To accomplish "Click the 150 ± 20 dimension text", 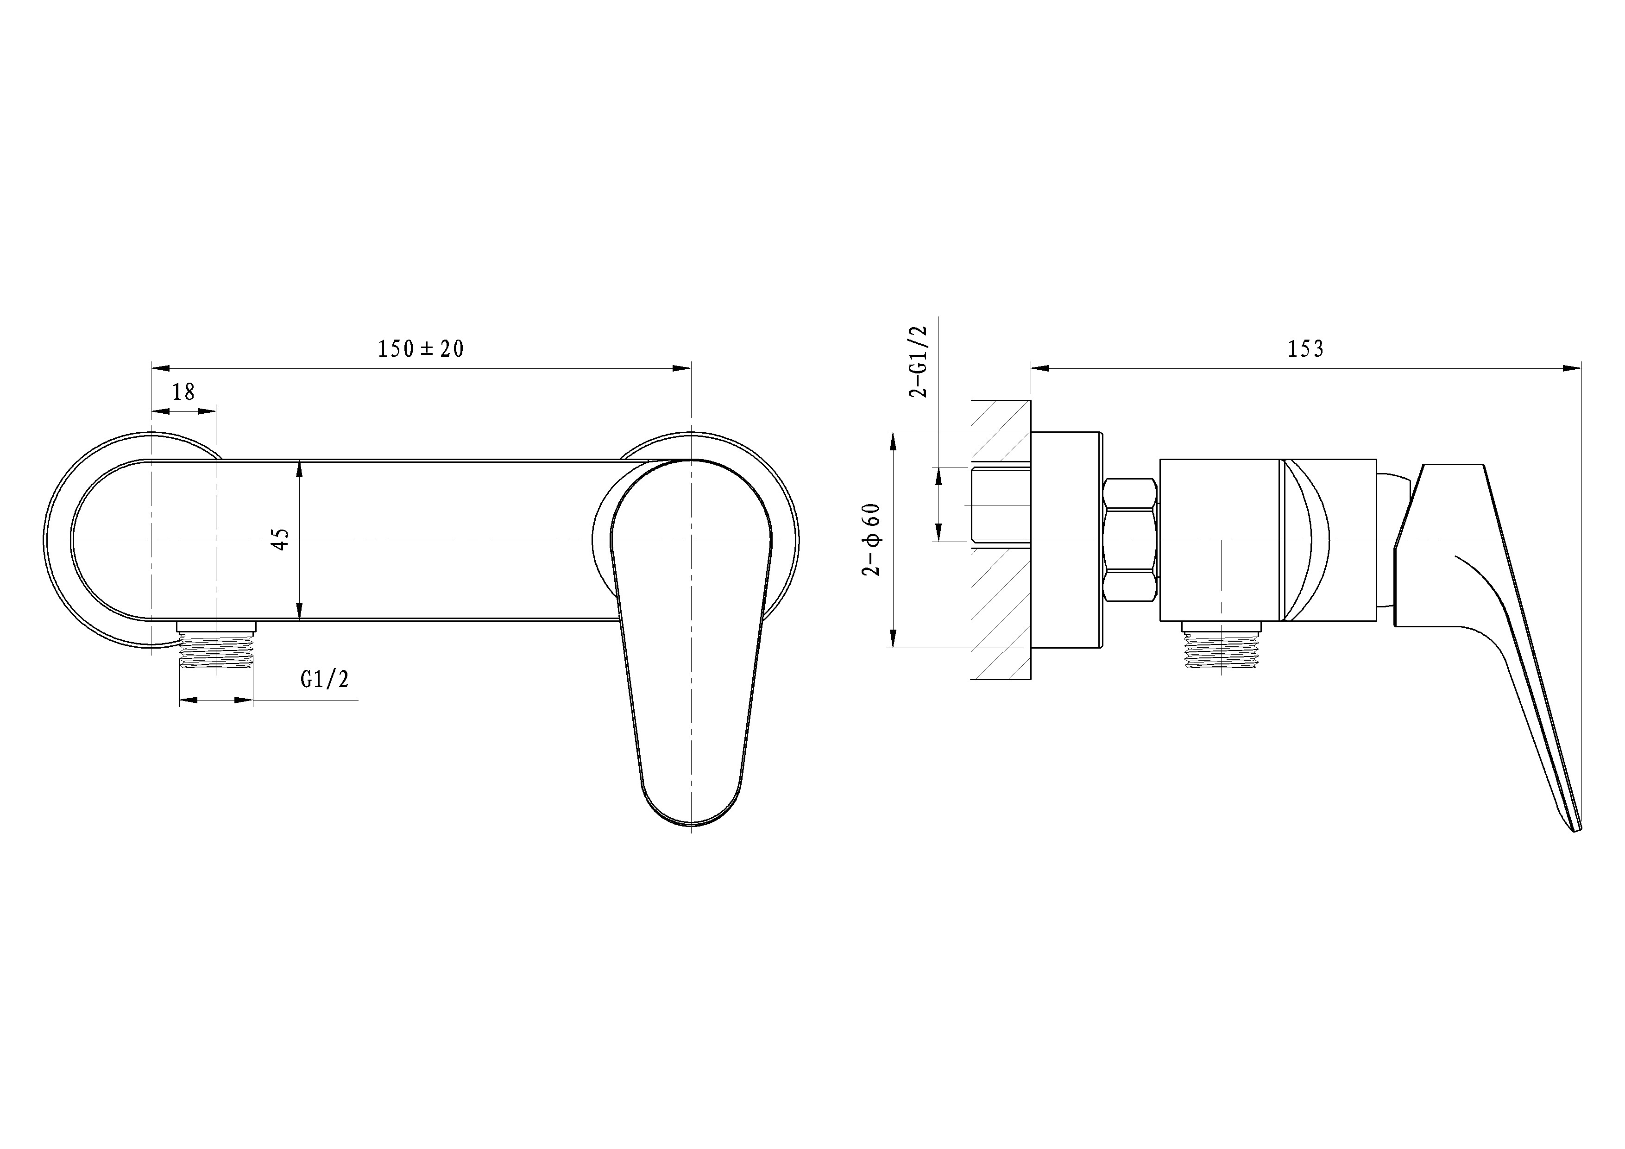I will (421, 349).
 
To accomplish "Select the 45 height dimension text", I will (281, 539).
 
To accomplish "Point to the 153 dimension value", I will (1305, 349).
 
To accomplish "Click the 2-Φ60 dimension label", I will (872, 539).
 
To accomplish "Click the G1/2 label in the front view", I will (325, 680).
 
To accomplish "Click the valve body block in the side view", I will (1219, 539).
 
